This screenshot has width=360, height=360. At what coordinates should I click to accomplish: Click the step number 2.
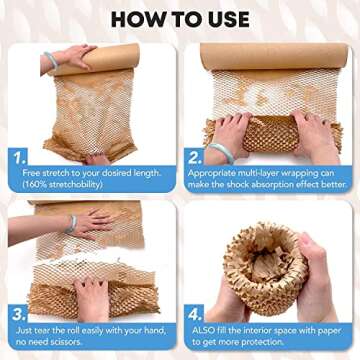click(x=193, y=158)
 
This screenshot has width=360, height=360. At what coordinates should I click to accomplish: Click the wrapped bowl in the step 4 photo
click(x=265, y=268)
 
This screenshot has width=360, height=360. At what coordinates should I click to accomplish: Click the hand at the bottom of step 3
click(x=93, y=297)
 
